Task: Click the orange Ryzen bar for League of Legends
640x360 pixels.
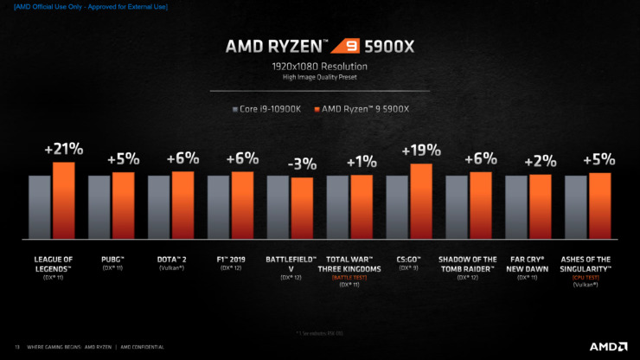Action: coord(63,200)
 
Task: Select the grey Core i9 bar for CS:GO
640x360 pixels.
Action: coord(397,207)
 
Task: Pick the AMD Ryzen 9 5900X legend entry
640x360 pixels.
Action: coord(366,110)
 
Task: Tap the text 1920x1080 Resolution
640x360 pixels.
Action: coord(319,66)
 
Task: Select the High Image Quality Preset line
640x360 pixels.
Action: coord(319,79)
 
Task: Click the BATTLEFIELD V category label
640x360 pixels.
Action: coord(290,263)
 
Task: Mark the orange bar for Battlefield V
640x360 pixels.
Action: coord(302,208)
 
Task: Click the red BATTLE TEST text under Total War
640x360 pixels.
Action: coord(349,277)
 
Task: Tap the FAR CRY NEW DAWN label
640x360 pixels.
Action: coord(528,263)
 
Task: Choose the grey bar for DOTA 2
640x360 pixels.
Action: coord(158,207)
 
